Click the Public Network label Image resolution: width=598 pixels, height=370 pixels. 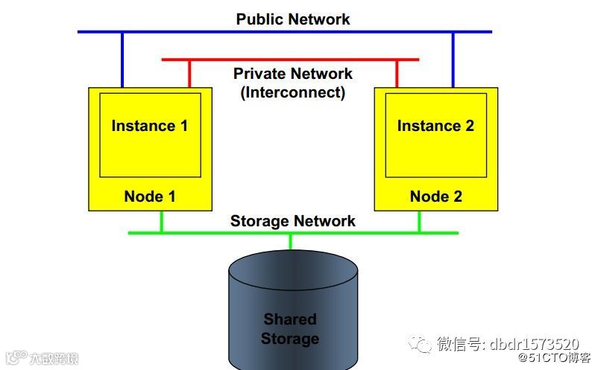(x=292, y=19)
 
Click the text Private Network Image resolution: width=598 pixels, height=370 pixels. (x=292, y=74)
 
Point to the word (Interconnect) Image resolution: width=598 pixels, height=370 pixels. (x=292, y=92)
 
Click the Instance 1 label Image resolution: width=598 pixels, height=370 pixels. (x=149, y=126)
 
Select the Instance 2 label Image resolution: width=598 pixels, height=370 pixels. (x=435, y=126)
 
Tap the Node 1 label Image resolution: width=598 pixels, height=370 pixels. (x=149, y=197)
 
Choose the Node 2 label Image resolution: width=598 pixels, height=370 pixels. (x=435, y=197)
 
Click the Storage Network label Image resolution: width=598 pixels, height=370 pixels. (x=292, y=221)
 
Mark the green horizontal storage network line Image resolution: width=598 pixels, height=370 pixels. (x=224, y=233)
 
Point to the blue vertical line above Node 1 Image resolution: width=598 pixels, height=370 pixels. (x=122, y=60)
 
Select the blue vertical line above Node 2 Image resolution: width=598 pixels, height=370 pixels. (x=453, y=60)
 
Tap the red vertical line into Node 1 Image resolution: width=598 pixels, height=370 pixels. (x=189, y=73)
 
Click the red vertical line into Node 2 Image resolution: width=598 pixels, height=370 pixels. (x=397, y=73)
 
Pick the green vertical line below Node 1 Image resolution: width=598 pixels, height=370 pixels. (x=161, y=222)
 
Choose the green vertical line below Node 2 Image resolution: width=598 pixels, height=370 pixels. (x=419, y=222)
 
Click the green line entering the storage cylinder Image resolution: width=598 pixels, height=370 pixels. (x=291, y=241)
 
